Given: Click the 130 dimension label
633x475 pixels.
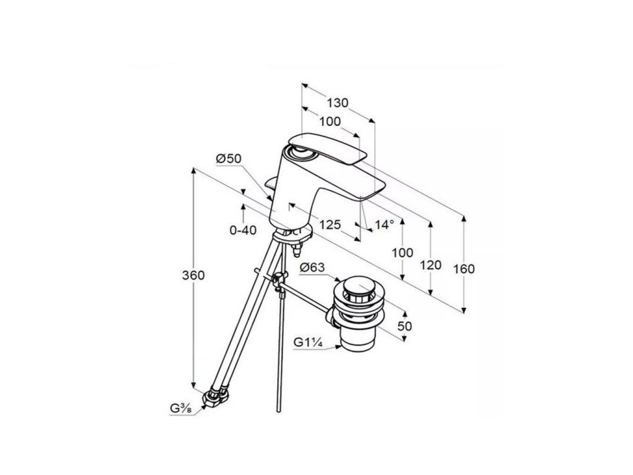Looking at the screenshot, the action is pos(338,103).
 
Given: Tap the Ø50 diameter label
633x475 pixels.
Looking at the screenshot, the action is pos(228,159).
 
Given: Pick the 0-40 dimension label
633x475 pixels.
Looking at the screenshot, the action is pos(243,230).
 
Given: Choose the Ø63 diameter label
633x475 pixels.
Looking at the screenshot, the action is pos(313,268).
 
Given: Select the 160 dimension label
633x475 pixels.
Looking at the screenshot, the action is pos(463,269).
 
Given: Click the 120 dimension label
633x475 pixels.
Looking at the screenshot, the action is pos(431,265).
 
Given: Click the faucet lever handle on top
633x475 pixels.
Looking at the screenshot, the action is pos(328,146).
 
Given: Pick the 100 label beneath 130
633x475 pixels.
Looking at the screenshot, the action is pos(331,122).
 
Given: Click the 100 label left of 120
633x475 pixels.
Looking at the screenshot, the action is pos(402,252).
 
